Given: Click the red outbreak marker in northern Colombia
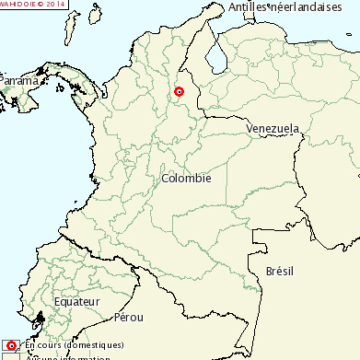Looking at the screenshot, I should click(180, 92).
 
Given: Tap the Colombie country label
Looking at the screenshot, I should click(186, 178).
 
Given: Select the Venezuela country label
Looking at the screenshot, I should click(273, 129).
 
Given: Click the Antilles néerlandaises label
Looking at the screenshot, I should click(292, 7).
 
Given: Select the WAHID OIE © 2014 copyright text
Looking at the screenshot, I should click(33, 4).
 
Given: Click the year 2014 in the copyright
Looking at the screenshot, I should click(56, 4).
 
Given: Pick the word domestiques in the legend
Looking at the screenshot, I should click(96, 345).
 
